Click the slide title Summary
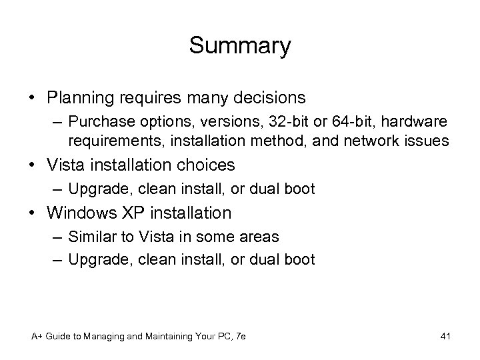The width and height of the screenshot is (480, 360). [240, 46]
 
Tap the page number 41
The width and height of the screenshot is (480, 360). [446, 336]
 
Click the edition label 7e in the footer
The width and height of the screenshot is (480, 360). [240, 337]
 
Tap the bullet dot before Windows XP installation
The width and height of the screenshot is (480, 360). [33, 214]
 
